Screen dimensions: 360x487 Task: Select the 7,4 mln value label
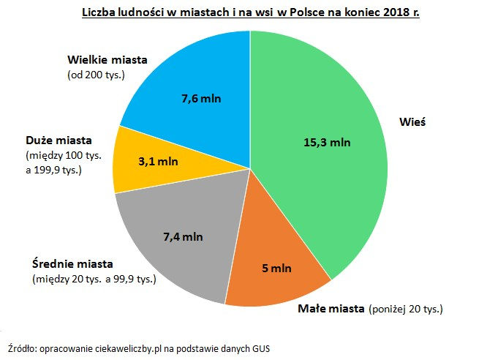(183, 236)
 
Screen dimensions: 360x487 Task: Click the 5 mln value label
(276, 269)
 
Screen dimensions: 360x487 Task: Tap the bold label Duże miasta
(58, 140)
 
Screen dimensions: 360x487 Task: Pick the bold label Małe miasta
(331, 308)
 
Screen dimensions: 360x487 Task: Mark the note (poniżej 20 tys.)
(406, 309)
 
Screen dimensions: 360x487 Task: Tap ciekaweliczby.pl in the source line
(133, 347)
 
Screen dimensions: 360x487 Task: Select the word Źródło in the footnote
(21, 347)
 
